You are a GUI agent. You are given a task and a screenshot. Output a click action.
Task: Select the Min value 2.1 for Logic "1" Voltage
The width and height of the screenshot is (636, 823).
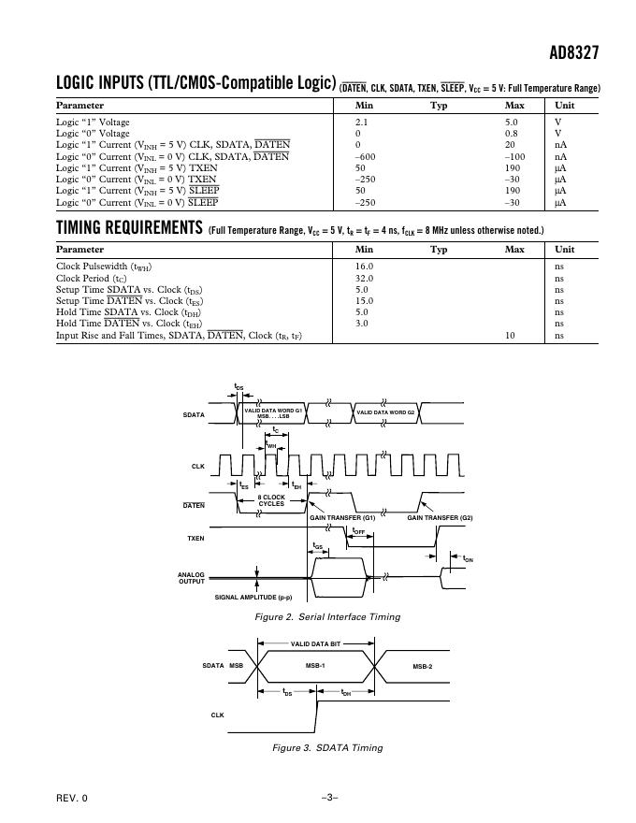click(x=362, y=122)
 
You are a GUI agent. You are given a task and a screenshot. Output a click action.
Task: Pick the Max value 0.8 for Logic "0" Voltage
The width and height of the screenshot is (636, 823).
click(x=512, y=133)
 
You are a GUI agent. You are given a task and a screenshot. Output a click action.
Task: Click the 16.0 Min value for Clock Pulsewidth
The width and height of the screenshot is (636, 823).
click(x=364, y=267)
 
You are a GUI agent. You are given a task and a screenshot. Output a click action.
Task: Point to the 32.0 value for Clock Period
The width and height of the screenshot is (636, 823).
click(x=364, y=278)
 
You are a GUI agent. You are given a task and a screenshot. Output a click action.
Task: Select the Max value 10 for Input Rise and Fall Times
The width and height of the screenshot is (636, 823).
click(x=511, y=335)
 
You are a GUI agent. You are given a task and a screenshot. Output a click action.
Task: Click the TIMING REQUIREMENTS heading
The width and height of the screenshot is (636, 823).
click(x=129, y=227)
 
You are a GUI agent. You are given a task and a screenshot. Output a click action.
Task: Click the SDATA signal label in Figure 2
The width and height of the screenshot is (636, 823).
click(x=194, y=414)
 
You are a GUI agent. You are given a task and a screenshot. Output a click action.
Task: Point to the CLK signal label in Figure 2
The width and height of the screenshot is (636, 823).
click(x=197, y=465)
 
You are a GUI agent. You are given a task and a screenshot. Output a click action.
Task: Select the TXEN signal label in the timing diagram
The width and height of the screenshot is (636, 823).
click(x=195, y=539)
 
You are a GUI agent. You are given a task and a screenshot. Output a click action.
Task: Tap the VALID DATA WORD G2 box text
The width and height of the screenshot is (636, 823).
click(x=386, y=412)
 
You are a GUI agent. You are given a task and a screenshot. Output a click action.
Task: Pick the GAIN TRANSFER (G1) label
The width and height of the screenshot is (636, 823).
click(x=342, y=517)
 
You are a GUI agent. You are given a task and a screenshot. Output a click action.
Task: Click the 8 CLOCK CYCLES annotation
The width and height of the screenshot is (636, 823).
click(x=271, y=500)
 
